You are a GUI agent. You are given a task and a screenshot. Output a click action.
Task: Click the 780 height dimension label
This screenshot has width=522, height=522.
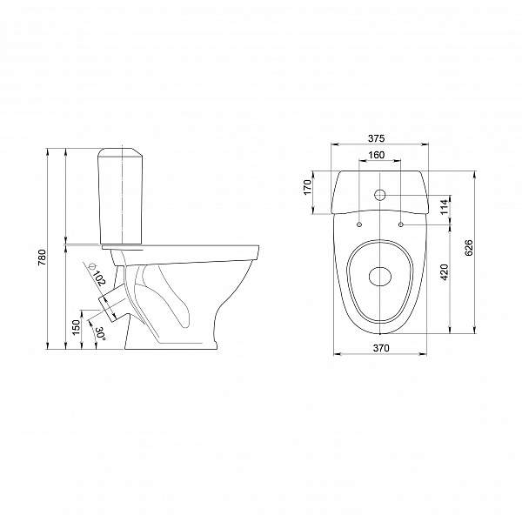[43, 257]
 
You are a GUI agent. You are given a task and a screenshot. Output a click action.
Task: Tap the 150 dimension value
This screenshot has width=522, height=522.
[77, 327]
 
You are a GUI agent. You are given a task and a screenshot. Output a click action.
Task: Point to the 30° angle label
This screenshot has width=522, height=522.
[100, 333]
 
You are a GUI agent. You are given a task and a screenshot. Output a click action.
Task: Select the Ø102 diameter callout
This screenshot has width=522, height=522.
[97, 274]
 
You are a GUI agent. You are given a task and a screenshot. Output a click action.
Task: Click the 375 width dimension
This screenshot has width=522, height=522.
[376, 138]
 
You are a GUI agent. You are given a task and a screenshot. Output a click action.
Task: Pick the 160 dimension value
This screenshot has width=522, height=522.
[376, 155]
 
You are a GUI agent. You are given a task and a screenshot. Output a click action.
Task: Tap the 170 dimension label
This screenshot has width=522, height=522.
[307, 187]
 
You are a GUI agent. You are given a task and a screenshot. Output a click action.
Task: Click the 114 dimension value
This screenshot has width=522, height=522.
[445, 207]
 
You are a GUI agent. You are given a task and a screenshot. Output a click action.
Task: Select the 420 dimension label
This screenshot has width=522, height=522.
[445, 272]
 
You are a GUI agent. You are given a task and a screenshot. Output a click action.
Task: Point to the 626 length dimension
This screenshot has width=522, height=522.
[468, 248]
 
